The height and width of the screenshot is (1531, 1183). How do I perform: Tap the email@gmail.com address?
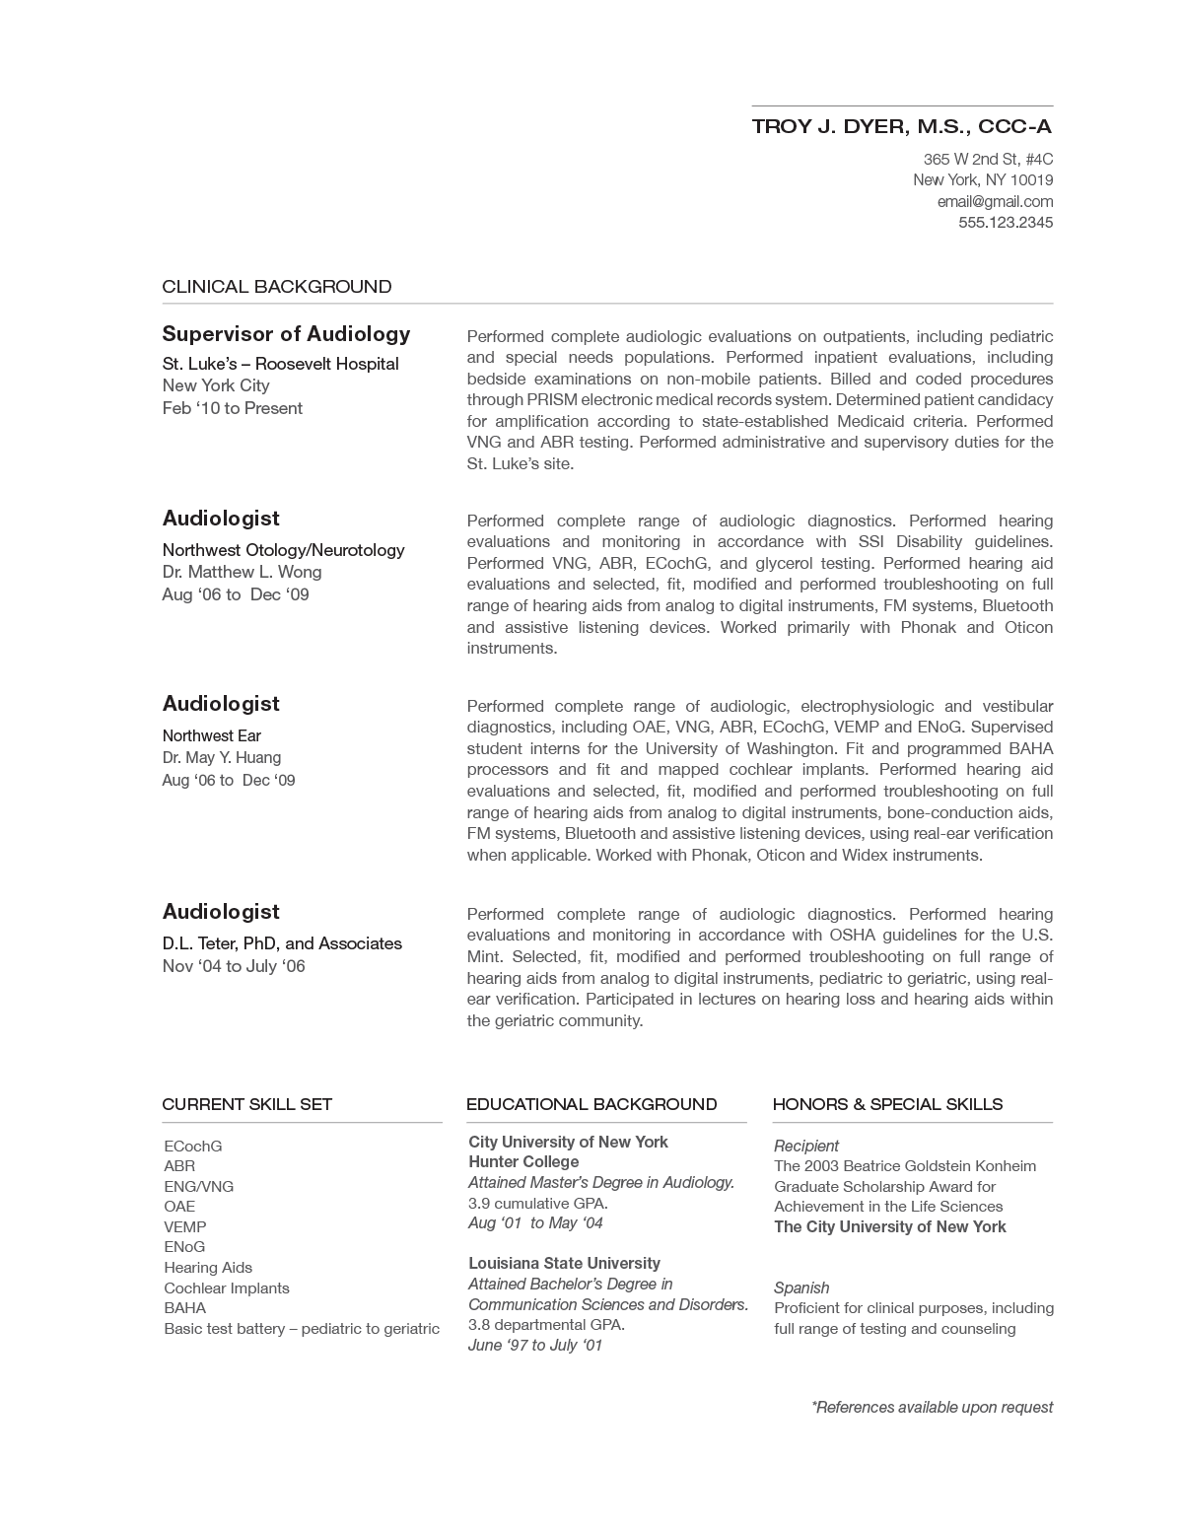point(995,201)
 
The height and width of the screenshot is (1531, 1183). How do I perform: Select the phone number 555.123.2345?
point(1006,223)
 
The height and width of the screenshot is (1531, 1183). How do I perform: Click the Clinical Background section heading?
point(277,287)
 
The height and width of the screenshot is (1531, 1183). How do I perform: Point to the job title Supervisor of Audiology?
point(286,334)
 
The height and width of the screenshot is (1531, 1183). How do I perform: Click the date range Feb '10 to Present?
point(233,408)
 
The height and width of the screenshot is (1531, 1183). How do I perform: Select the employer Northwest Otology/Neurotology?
point(283,550)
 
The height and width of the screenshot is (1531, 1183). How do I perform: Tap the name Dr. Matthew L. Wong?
point(242,572)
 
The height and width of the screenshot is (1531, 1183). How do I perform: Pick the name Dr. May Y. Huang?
point(222,757)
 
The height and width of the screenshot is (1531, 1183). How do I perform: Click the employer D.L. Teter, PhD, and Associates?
point(282,943)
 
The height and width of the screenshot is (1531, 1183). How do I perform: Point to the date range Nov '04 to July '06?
point(234,966)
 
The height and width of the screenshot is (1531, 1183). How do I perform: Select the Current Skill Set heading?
point(247,1104)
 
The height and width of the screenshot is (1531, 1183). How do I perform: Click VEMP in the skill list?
point(185,1227)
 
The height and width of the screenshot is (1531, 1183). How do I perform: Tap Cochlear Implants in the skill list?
point(227,1288)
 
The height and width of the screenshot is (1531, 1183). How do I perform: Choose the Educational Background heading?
point(591,1104)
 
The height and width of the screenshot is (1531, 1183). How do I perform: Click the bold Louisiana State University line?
point(564,1264)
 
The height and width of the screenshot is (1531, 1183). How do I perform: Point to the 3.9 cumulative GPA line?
point(538,1203)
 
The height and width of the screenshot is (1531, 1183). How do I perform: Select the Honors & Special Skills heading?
point(887,1104)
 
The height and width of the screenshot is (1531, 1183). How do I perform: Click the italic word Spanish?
point(801,1287)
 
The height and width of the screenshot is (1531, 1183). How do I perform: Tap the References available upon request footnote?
point(932,1408)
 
